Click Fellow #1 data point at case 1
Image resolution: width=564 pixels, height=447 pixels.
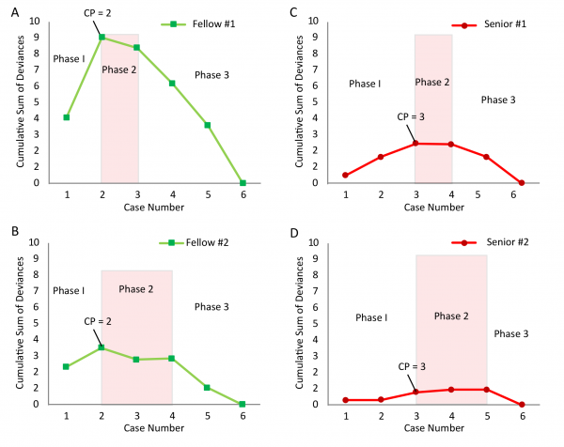[67, 117]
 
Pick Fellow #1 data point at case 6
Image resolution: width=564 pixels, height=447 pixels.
[243, 183]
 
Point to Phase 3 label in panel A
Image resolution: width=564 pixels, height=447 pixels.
[211, 74]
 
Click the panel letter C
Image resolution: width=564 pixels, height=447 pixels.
[294, 12]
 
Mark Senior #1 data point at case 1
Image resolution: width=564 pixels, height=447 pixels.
[346, 175]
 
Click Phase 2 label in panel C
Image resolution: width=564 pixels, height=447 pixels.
[432, 82]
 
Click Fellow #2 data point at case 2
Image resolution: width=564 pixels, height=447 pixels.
[102, 347]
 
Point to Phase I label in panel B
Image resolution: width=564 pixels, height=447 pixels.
[70, 290]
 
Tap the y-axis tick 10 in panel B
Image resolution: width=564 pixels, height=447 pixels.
[34, 242]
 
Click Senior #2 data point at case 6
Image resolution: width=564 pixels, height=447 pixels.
[522, 404]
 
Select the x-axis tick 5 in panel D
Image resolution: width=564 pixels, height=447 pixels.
[487, 417]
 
